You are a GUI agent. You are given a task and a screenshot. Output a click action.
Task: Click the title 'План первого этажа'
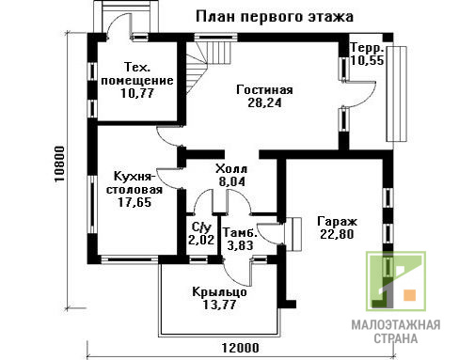(275, 16)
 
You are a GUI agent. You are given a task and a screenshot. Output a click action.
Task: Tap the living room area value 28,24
(264, 102)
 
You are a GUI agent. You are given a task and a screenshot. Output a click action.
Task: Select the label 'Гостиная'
(264, 90)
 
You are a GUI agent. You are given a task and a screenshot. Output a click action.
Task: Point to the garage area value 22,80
(337, 234)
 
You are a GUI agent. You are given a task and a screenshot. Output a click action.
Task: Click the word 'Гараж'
(337, 222)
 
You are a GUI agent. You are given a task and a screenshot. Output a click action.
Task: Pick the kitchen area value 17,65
(135, 202)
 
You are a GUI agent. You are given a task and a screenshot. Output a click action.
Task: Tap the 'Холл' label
(231, 169)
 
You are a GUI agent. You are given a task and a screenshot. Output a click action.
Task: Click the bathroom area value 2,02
(201, 240)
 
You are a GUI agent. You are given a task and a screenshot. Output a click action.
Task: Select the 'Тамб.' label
(240, 232)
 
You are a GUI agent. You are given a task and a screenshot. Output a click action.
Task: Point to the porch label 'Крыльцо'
(219, 292)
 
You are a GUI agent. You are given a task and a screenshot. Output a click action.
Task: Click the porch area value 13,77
(219, 305)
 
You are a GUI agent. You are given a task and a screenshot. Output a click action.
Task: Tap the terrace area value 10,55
(367, 60)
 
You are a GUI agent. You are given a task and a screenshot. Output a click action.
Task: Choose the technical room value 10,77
(137, 93)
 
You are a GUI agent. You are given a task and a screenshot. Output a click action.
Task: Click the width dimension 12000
(241, 348)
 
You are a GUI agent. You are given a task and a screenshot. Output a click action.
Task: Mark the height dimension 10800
(59, 164)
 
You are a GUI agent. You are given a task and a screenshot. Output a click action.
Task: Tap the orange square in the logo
(410, 295)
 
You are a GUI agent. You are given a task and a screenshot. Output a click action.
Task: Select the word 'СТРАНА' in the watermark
(396, 338)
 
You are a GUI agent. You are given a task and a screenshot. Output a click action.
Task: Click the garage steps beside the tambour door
(293, 234)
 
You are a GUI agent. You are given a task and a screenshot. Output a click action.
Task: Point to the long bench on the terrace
(396, 94)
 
